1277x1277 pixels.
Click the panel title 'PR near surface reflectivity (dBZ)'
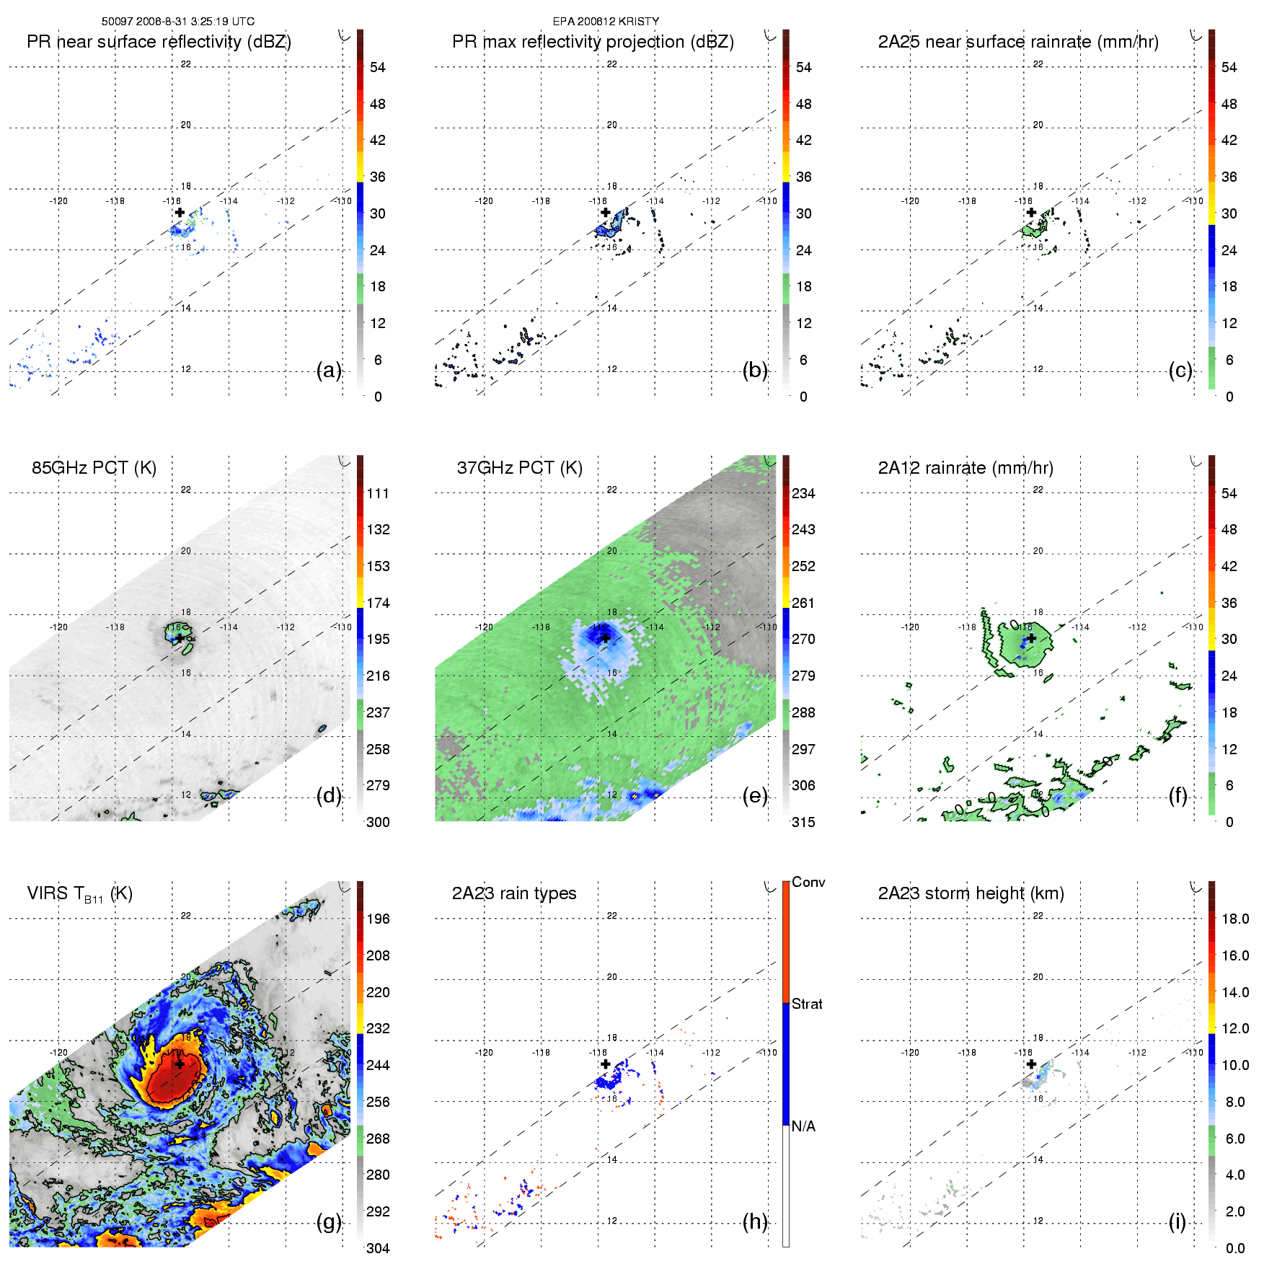click(159, 42)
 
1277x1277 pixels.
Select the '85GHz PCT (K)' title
click(94, 467)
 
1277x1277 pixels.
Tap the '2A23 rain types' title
click(514, 893)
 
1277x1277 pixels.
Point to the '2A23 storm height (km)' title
click(971, 893)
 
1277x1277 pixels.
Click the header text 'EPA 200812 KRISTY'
click(606, 22)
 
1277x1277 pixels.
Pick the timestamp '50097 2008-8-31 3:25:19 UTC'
click(178, 22)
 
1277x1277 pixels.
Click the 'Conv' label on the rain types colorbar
click(808, 882)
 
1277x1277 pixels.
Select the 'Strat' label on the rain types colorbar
click(807, 1004)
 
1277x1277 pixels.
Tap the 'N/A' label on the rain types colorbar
click(803, 1126)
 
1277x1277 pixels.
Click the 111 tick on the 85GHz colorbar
click(378, 493)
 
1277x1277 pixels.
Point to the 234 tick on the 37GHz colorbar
click(803, 493)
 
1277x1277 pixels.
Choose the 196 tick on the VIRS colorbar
click(378, 919)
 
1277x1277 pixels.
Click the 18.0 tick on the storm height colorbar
click(1235, 919)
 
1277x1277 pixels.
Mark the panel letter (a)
click(329, 370)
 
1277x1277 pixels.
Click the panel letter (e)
click(755, 795)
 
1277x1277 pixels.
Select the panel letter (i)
click(1177, 1221)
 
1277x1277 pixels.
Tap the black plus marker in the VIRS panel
click(180, 1064)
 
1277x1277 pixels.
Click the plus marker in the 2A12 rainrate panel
click(1031, 638)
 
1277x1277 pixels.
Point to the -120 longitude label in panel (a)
click(58, 200)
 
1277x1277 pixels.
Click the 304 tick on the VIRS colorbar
click(378, 1248)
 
